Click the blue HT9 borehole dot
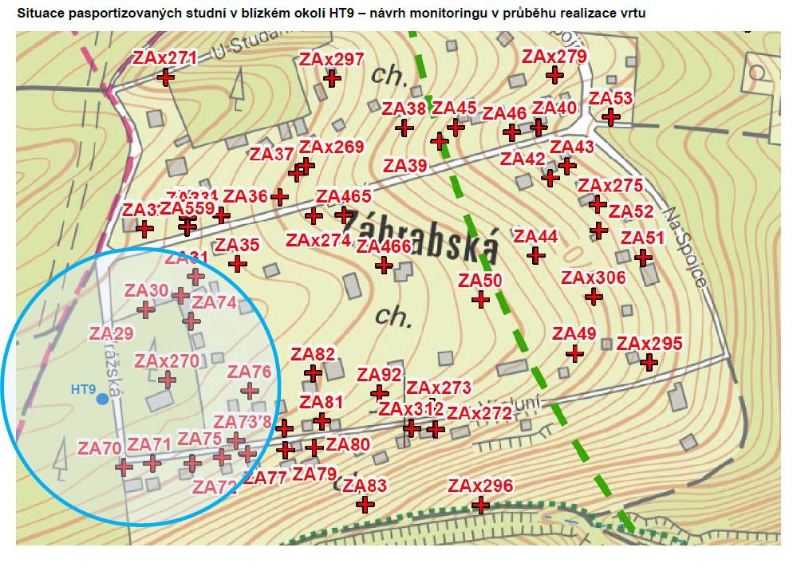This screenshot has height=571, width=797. tap(102, 398)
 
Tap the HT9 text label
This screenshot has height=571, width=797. tap(83, 390)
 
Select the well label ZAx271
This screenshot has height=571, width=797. tap(164, 57)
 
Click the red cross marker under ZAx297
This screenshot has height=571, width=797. tap(333, 78)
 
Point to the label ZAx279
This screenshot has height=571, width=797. tap(554, 57)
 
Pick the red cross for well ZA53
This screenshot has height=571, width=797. tap(610, 117)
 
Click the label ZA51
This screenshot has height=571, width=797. tap(642, 238)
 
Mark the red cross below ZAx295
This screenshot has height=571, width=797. tap(649, 362)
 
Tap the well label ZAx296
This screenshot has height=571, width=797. tap(480, 486)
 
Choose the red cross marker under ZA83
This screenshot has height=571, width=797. tap(365, 505)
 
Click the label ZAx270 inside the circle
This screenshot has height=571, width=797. tap(167, 361)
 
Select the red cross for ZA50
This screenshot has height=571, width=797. tap(480, 299)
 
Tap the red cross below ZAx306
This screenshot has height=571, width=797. tap(593, 297)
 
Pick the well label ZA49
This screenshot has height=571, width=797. tap(574, 333)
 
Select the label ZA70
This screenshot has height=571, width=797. tap(100, 448)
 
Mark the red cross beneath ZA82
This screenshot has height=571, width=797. tap(314, 372)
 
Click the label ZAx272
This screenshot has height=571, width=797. tap(479, 413)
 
